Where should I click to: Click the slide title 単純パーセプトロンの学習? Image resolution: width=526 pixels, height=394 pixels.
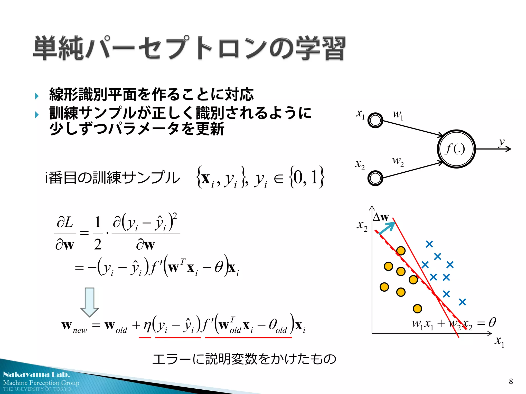coord(190,48)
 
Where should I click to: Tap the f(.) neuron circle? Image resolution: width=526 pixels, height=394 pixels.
coord(456,149)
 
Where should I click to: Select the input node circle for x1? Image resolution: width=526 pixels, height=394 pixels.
coord(375,120)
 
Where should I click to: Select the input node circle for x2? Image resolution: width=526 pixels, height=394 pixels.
coord(375,178)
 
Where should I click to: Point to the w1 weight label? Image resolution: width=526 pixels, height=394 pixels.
coord(398,114)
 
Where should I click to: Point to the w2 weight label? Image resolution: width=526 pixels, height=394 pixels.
coord(398,161)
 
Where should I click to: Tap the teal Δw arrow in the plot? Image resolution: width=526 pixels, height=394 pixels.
coord(387,228)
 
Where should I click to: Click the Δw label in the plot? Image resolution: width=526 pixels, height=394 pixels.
coord(381,217)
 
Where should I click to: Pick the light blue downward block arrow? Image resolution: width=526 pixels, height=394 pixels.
coord(89,302)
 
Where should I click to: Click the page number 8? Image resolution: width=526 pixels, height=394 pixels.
coord(511,381)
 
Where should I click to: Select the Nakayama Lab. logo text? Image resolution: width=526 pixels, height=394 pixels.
coord(36,375)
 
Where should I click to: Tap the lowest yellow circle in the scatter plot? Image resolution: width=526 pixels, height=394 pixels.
coord(417,309)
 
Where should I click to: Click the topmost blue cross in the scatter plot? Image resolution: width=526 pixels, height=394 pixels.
coord(429,244)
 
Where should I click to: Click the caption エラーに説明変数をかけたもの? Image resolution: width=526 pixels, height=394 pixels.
coord(244,359)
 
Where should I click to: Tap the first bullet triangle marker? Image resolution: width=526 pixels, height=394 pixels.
coord(37,96)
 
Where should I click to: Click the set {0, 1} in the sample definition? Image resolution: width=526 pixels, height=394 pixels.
coord(307,177)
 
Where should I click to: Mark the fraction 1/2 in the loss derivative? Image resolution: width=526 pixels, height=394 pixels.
coord(98,233)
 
